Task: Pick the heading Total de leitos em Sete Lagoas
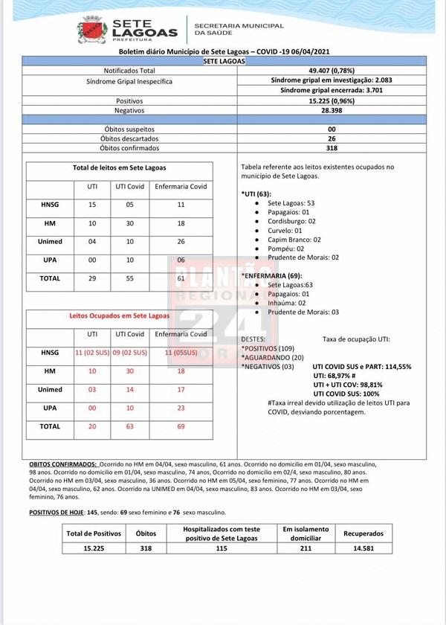pyautogui.click(x=119, y=168)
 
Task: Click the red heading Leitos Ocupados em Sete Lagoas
pyautogui.click(x=119, y=316)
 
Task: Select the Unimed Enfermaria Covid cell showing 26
pyautogui.click(x=181, y=241)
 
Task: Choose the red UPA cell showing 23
pyautogui.click(x=181, y=408)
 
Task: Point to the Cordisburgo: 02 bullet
pyautogui.click(x=291, y=221)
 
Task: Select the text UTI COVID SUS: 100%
pyautogui.click(x=346, y=394)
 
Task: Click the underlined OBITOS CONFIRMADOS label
pyautogui.click(x=63, y=464)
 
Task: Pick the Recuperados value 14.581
pyautogui.click(x=363, y=548)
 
